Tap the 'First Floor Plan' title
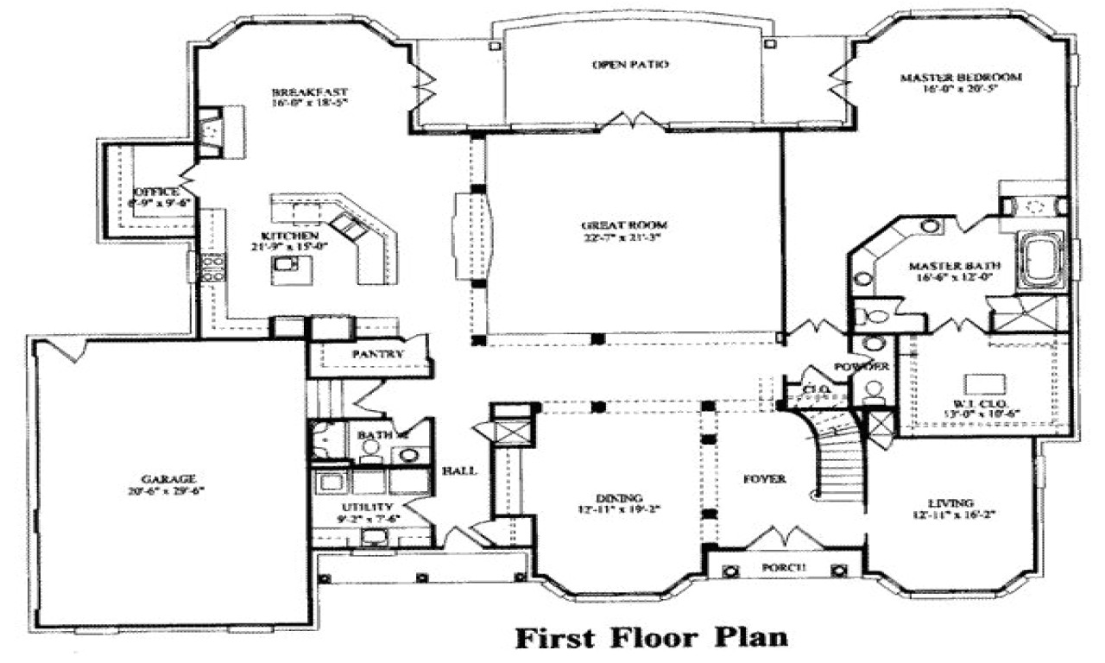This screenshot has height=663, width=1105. [x=652, y=638]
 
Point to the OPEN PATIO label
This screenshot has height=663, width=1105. [x=631, y=65]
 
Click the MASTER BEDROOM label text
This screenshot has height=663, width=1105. [x=961, y=77]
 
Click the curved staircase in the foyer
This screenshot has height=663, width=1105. [x=836, y=462]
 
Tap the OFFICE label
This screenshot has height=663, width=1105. [x=155, y=192]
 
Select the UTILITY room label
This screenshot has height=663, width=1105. [x=365, y=507]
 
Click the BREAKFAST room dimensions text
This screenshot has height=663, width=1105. [x=297, y=104]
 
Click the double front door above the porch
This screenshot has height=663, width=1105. [x=782, y=537]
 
